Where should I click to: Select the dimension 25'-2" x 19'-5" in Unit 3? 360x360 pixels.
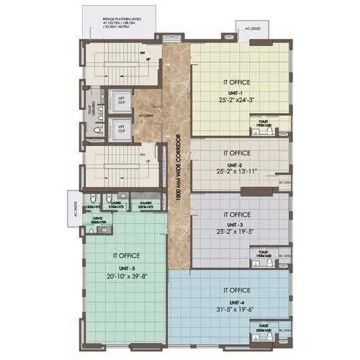tap(237, 232)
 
